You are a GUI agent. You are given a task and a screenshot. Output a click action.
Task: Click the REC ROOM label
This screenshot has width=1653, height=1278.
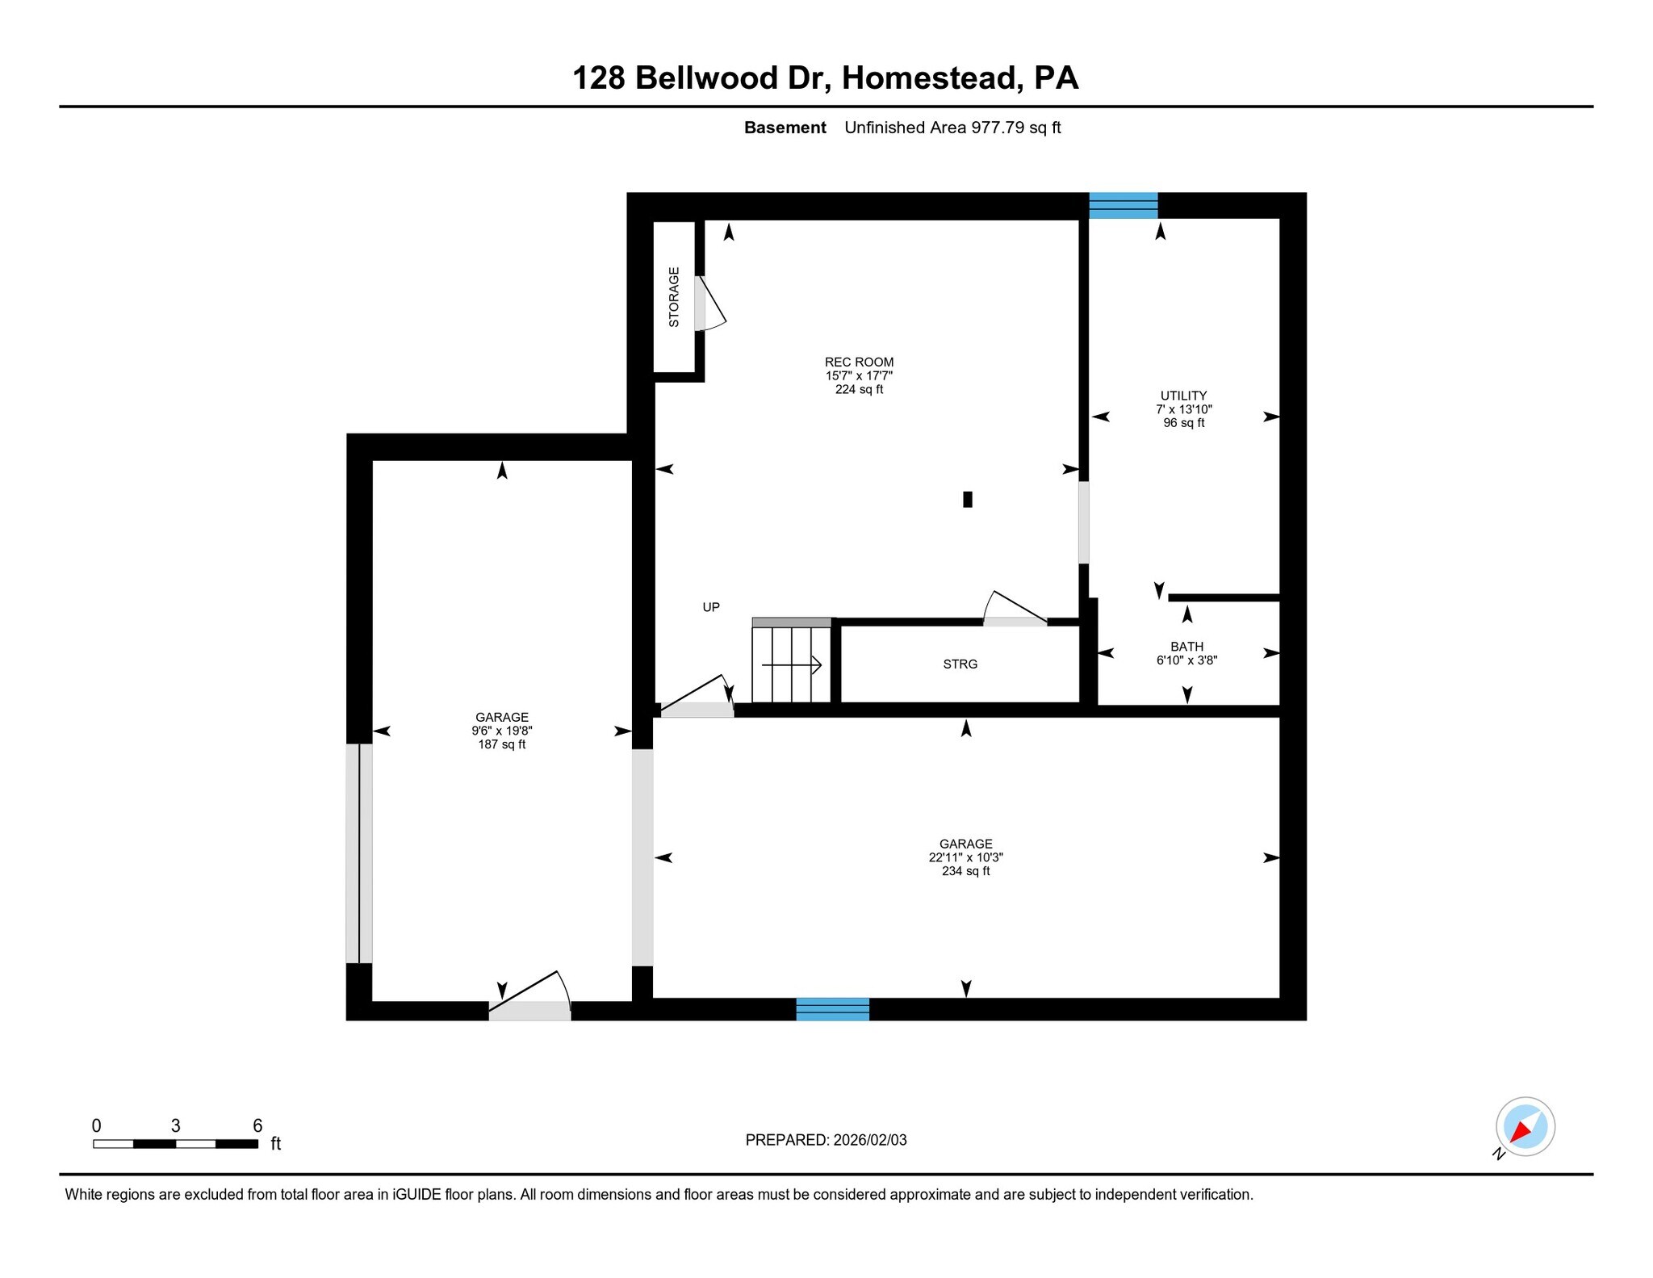859,362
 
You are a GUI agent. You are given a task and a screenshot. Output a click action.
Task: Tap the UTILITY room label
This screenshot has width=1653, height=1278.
1183,396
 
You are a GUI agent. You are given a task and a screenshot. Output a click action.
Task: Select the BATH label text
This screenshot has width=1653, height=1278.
1186,647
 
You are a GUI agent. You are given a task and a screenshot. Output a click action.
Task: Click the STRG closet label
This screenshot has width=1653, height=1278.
960,664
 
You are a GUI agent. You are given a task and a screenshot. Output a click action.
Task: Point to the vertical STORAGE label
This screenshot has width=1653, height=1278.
674,297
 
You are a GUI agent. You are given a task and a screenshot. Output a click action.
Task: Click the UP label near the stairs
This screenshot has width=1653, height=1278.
710,607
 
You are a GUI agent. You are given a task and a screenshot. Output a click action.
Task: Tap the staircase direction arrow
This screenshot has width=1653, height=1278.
792,665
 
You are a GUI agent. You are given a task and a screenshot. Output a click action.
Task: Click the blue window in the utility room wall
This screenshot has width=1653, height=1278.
1124,205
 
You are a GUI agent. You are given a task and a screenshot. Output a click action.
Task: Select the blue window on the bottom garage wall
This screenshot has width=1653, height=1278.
832,1009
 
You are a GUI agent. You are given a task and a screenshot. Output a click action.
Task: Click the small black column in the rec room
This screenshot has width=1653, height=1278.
968,500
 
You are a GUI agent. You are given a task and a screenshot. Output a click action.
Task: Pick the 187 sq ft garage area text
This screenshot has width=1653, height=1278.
501,744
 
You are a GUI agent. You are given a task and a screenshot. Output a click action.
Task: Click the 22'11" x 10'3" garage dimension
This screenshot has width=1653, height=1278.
965,857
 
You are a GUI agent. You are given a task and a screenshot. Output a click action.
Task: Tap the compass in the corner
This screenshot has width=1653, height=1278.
1525,1126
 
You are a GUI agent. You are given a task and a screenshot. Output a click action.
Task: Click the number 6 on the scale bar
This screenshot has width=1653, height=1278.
257,1125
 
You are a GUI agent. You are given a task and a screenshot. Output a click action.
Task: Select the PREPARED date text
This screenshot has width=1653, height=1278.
826,1140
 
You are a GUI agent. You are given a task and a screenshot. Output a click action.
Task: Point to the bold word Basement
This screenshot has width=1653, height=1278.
785,128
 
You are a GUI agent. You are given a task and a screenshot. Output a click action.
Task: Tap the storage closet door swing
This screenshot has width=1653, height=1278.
710,304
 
